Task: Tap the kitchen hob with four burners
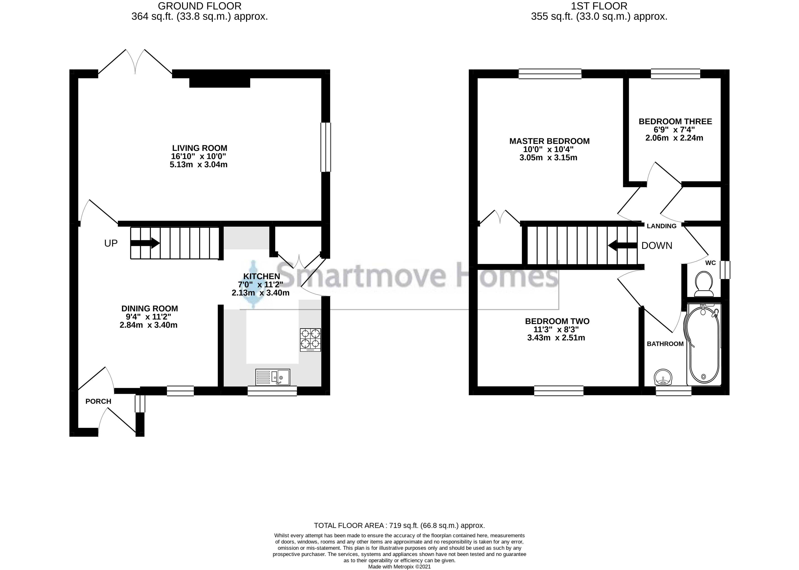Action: (x=310, y=339)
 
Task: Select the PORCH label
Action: (x=98, y=401)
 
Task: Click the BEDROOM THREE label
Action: (x=675, y=121)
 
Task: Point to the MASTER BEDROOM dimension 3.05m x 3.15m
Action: (x=548, y=157)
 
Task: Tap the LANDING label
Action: (x=661, y=226)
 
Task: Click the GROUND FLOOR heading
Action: (x=199, y=6)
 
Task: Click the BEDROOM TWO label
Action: (x=557, y=321)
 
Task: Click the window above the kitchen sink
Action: (x=272, y=391)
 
